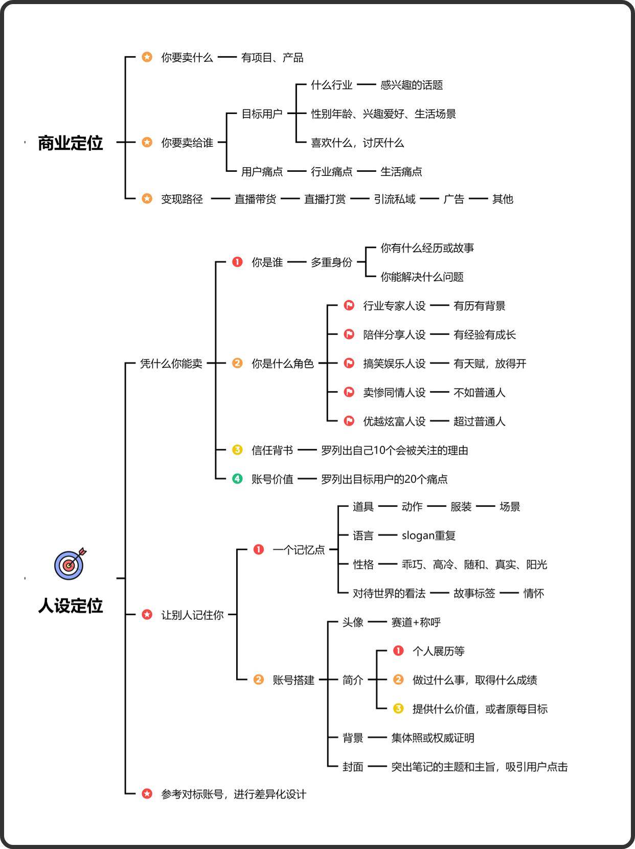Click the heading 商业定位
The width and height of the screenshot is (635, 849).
coord(71,143)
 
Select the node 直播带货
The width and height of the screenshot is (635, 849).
coord(255,199)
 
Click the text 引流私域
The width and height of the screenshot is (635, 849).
coord(395,199)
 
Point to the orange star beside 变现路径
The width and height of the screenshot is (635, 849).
coord(147,198)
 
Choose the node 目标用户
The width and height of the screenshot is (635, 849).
coord(262,114)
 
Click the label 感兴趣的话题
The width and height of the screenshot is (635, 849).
coord(412,85)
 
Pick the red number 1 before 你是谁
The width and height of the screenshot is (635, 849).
coord(237,262)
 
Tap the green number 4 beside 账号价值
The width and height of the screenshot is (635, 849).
coord(237,479)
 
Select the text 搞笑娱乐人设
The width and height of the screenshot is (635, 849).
coord(394,364)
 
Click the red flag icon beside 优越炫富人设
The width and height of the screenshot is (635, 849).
coord(349,421)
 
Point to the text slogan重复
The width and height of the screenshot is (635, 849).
coord(428,535)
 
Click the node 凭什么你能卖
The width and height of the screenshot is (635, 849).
coord(171,364)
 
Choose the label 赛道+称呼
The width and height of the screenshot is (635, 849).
coord(416,622)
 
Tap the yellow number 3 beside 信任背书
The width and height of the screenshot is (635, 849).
coord(237,450)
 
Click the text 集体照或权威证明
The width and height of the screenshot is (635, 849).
coord(433,738)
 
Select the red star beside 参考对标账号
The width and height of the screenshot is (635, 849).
coord(147,794)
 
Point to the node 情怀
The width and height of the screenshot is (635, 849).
coord(533,593)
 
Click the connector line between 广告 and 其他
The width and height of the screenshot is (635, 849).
coord(478,199)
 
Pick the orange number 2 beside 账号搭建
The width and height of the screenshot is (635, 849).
coord(259,680)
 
